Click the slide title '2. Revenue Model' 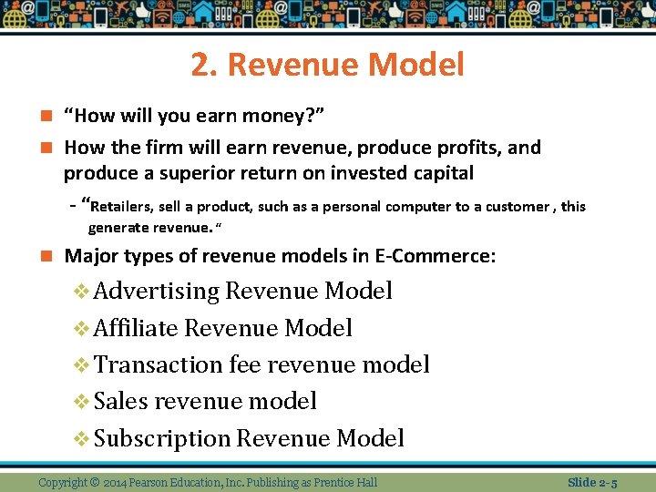[x=328, y=65]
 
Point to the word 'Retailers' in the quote [x=124, y=206]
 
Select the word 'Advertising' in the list [x=157, y=292]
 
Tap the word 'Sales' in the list [x=121, y=401]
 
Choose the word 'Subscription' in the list [x=162, y=438]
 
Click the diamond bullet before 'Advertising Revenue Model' [x=81, y=292]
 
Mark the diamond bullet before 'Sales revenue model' [x=81, y=401]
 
